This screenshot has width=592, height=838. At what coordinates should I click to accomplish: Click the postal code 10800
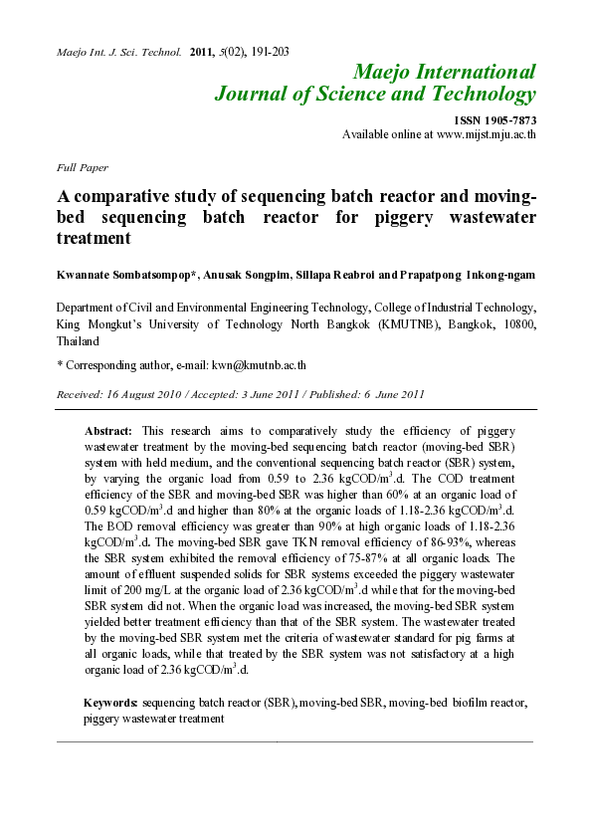tap(515, 324)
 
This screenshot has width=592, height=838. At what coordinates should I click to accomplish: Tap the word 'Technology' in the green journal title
tap(478, 96)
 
